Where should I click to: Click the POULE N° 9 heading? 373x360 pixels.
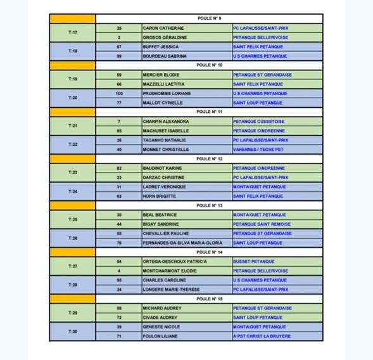coord(209,19)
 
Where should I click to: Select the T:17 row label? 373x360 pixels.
coord(72,33)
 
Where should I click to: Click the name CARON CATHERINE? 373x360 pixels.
coord(163,29)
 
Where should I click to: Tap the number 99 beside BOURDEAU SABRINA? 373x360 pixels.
coord(119,56)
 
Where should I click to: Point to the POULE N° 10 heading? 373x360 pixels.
coord(209,65)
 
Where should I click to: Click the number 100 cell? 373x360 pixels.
coord(119,93)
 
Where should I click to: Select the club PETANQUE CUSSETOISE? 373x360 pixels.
coord(258,121)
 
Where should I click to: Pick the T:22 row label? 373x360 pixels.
coord(72,145)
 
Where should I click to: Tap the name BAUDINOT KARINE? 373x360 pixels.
coord(163,168)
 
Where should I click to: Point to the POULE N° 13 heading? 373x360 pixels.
coord(209,205)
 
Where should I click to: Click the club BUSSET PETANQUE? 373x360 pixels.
coord(253,261)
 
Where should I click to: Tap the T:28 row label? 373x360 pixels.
coord(72,285)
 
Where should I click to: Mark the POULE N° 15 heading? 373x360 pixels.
coord(209,299)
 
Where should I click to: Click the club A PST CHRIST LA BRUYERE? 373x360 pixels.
coord(262,336)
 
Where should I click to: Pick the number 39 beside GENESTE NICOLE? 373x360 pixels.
coord(119,326)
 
